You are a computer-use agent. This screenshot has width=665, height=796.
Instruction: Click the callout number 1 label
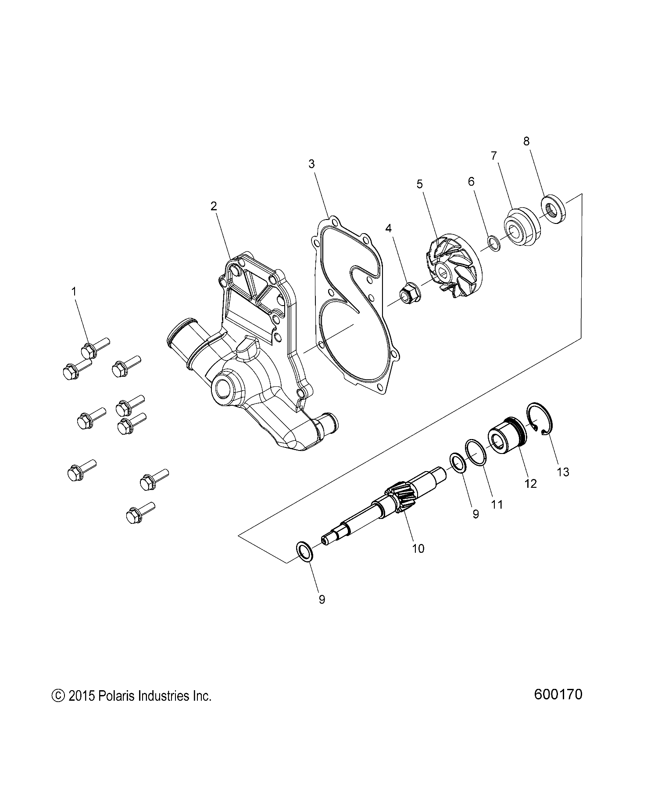pyautogui.click(x=74, y=291)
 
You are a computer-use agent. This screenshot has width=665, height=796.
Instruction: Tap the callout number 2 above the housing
pyautogui.click(x=214, y=206)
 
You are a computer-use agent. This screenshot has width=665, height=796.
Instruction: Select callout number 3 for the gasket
pyautogui.click(x=311, y=164)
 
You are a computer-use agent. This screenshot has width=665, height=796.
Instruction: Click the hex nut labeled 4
pyautogui.click(x=409, y=292)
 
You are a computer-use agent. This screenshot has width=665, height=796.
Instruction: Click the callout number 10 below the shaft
pyautogui.click(x=418, y=548)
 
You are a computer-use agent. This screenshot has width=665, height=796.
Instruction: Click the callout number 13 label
pyautogui.click(x=562, y=472)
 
